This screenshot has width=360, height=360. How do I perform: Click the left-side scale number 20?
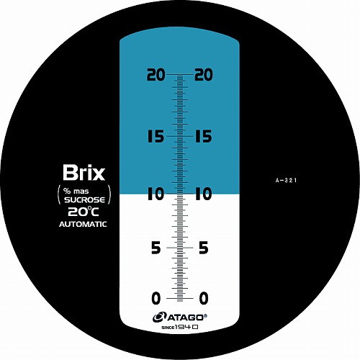point(156,74)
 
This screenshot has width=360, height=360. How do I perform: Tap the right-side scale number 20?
point(204,74)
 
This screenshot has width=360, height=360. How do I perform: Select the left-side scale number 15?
point(156,136)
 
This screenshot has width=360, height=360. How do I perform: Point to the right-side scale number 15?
point(204,136)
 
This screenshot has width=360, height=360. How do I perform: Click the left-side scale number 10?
point(156,194)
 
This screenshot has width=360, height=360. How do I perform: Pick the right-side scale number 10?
point(204,194)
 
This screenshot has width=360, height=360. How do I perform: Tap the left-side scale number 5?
point(156,248)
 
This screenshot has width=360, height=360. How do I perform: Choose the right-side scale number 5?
point(204,248)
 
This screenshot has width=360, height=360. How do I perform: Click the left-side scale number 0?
point(156,298)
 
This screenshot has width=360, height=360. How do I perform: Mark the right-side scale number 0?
point(204,298)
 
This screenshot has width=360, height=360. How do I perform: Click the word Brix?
point(84,173)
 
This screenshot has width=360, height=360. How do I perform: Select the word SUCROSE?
point(84,200)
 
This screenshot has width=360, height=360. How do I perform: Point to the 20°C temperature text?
point(84,212)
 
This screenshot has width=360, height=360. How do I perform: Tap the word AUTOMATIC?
point(83,224)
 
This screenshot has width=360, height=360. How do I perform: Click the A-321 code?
point(286,181)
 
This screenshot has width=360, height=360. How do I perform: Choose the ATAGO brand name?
point(186,318)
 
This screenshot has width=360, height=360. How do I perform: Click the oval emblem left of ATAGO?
point(159,318)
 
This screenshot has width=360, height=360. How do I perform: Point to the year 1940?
point(186,327)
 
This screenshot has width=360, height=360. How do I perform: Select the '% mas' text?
point(76,192)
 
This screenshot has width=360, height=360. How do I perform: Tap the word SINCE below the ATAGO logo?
point(168,328)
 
